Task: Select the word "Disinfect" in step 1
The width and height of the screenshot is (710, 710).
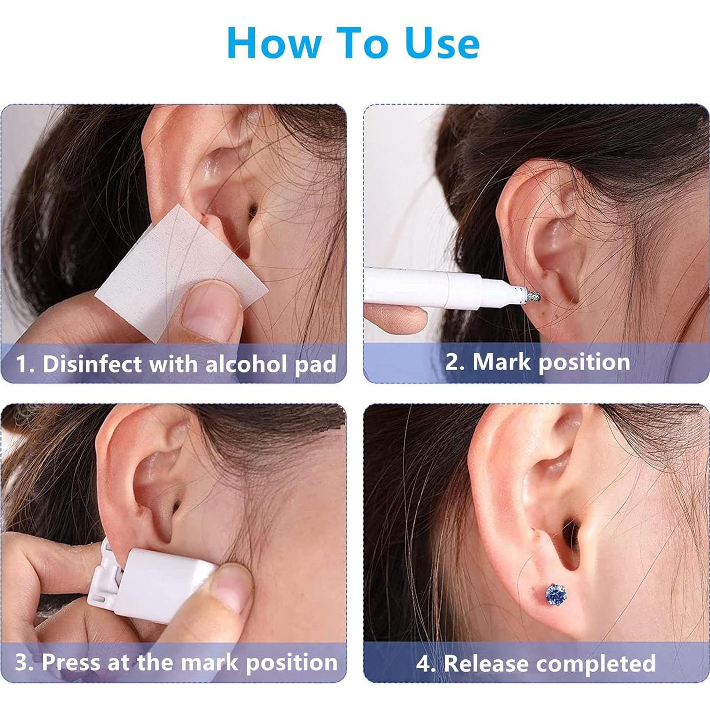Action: coord(92,364)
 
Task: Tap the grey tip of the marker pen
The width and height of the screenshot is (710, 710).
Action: coord(531,296)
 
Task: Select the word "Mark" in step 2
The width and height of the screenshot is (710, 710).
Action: coord(502,362)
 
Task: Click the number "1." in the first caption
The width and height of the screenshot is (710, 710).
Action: coord(25,364)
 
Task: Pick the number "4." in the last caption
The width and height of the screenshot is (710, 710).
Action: coord(426,663)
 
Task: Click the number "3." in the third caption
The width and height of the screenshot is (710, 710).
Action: coord(24,662)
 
